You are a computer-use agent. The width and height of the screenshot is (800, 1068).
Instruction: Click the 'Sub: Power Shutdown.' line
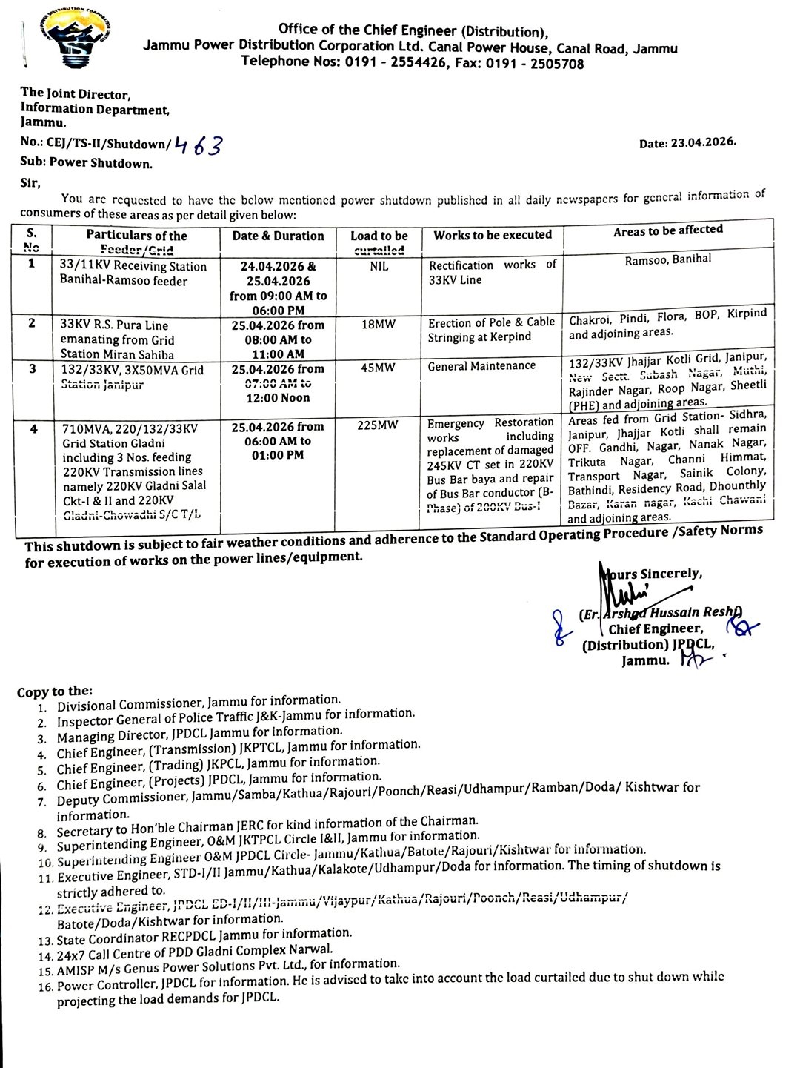tap(87, 163)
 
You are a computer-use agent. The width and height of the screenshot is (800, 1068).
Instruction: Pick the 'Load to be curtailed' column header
tap(379, 242)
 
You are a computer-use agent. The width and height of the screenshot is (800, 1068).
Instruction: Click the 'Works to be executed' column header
tap(493, 235)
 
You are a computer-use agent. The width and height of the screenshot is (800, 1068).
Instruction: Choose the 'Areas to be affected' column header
tap(667, 230)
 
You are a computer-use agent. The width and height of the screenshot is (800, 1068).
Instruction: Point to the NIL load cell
tap(379, 265)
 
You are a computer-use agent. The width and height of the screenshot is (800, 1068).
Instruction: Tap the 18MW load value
tap(379, 324)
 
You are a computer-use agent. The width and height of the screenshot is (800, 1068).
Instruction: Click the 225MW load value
tap(379, 426)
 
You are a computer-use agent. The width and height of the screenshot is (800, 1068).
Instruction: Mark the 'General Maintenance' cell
tap(481, 365)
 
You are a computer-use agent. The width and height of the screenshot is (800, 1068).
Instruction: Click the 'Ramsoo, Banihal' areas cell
tap(667, 259)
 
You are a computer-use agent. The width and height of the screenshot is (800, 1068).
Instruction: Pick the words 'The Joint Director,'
tap(76, 94)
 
